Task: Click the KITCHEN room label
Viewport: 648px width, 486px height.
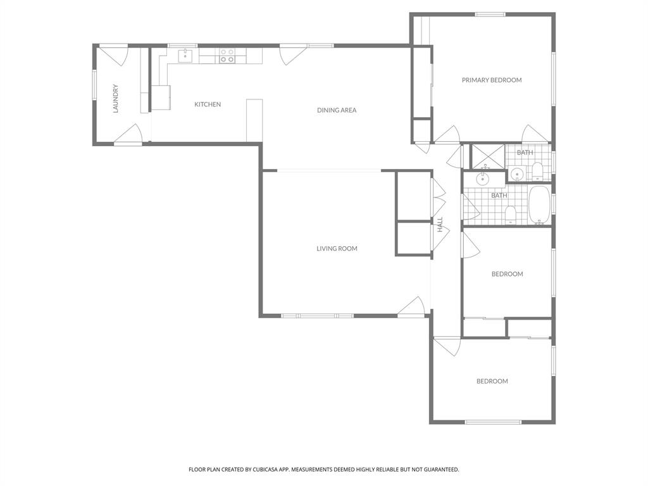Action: click(x=208, y=104)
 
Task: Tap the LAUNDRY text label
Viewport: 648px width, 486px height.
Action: click(x=116, y=99)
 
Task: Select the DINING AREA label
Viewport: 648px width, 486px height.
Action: click(x=337, y=110)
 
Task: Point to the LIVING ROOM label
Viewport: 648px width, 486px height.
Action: click(x=337, y=249)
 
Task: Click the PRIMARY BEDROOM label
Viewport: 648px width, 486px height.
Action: click(x=492, y=80)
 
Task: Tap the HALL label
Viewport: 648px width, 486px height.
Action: click(x=440, y=224)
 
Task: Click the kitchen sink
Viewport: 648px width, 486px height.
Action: click(x=185, y=56)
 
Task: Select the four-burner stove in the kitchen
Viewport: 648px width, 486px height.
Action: click(x=227, y=56)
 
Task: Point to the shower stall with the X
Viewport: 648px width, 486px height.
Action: click(x=488, y=156)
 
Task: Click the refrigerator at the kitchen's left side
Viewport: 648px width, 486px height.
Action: click(x=160, y=97)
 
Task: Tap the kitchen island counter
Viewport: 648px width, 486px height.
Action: click(x=254, y=120)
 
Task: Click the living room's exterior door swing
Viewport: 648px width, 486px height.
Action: click(x=411, y=307)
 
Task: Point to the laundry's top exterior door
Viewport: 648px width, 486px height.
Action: click(x=115, y=55)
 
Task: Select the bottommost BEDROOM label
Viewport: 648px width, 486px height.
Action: click(x=492, y=382)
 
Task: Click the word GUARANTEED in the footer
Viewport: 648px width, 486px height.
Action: click(x=440, y=470)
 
